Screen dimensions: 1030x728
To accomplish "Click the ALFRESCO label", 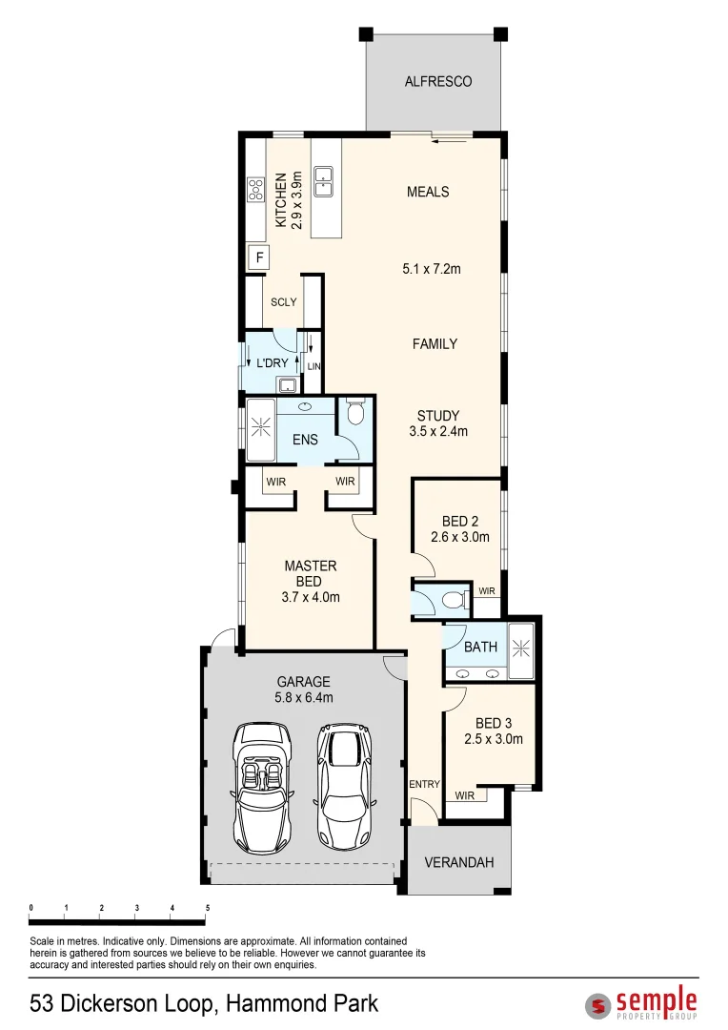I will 438,82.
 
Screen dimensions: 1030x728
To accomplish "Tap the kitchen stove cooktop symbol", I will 256,189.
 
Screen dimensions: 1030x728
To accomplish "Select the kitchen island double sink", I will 324,181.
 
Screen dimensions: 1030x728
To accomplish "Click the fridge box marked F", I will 257,257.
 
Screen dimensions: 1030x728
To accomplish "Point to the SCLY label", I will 283,302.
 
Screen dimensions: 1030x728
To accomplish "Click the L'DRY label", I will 272,363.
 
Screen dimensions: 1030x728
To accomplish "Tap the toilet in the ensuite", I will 355,413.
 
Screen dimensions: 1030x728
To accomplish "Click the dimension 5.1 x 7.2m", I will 431,269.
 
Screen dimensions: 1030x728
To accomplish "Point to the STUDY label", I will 438,416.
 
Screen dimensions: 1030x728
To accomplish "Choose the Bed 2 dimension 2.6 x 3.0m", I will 465,537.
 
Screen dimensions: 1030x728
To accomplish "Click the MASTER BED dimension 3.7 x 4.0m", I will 311,598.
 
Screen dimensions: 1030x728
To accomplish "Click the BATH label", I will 480,648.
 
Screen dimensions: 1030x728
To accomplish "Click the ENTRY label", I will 424,784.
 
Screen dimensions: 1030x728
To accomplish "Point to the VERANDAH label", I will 459,862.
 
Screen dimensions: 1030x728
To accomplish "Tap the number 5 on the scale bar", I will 207,908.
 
